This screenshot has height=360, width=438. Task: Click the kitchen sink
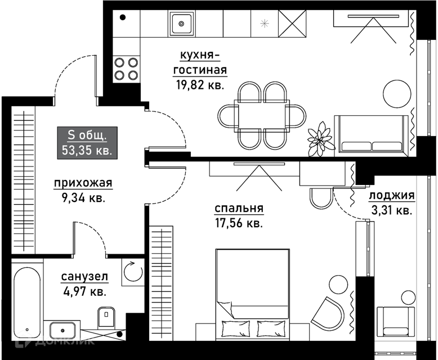click(181, 24)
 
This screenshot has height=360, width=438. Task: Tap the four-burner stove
click(126, 69)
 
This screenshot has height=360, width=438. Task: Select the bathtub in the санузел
click(27, 303)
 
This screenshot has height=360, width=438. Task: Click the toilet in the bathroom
click(106, 317)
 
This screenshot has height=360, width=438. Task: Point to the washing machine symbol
click(133, 272)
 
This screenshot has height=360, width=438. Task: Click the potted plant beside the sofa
click(321, 139)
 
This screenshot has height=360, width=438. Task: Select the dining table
click(262, 115)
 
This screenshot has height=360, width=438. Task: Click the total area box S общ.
click(87, 143)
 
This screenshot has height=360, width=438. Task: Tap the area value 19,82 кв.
click(200, 85)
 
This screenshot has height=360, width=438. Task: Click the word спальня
click(239, 208)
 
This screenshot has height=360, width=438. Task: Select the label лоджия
click(392, 196)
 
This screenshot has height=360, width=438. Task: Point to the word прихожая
click(83, 183)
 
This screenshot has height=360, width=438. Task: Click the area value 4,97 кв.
click(85, 292)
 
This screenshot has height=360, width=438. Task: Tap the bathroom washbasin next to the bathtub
click(62, 330)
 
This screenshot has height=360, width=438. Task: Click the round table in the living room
click(397, 94)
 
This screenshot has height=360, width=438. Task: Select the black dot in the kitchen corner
click(123, 17)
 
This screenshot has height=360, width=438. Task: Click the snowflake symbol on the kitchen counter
click(264, 24)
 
